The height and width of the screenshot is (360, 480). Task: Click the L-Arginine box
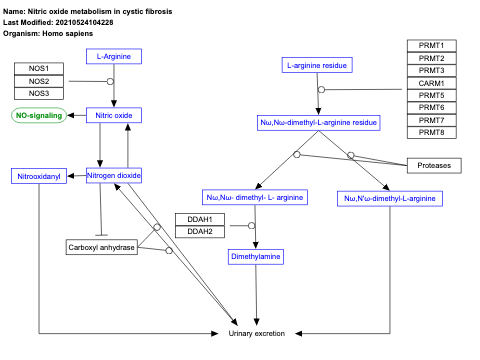(x=114, y=57)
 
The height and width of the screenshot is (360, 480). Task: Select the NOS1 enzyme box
(x=39, y=68)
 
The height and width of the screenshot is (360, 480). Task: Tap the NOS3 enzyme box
(x=39, y=93)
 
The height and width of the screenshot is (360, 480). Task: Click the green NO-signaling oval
(x=39, y=116)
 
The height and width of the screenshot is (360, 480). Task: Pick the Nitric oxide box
(x=114, y=116)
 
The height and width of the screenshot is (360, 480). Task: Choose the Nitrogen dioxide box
(x=114, y=176)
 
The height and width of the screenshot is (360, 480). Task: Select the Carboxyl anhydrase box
(x=101, y=246)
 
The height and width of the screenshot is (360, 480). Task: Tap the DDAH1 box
(x=200, y=219)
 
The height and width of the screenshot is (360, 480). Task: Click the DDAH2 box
(x=200, y=232)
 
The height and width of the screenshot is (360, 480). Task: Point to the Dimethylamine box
(x=256, y=257)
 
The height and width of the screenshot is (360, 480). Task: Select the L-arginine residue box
(x=317, y=66)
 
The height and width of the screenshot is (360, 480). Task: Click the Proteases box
(x=434, y=165)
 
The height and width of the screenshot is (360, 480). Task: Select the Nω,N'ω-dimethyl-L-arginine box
(x=390, y=198)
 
